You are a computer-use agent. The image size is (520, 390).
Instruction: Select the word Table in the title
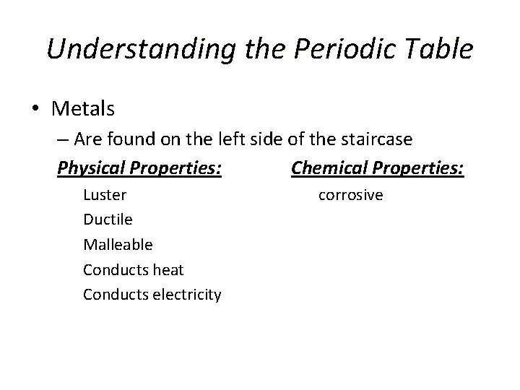(x=438, y=49)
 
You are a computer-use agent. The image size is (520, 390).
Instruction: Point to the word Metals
(x=83, y=109)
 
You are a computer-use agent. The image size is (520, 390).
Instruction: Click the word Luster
(x=105, y=194)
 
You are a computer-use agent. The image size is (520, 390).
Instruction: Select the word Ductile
(x=108, y=219)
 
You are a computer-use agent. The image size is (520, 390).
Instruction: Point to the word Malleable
(x=118, y=244)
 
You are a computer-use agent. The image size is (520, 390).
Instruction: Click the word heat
(x=168, y=269)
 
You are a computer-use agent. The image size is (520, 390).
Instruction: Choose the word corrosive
(x=351, y=195)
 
